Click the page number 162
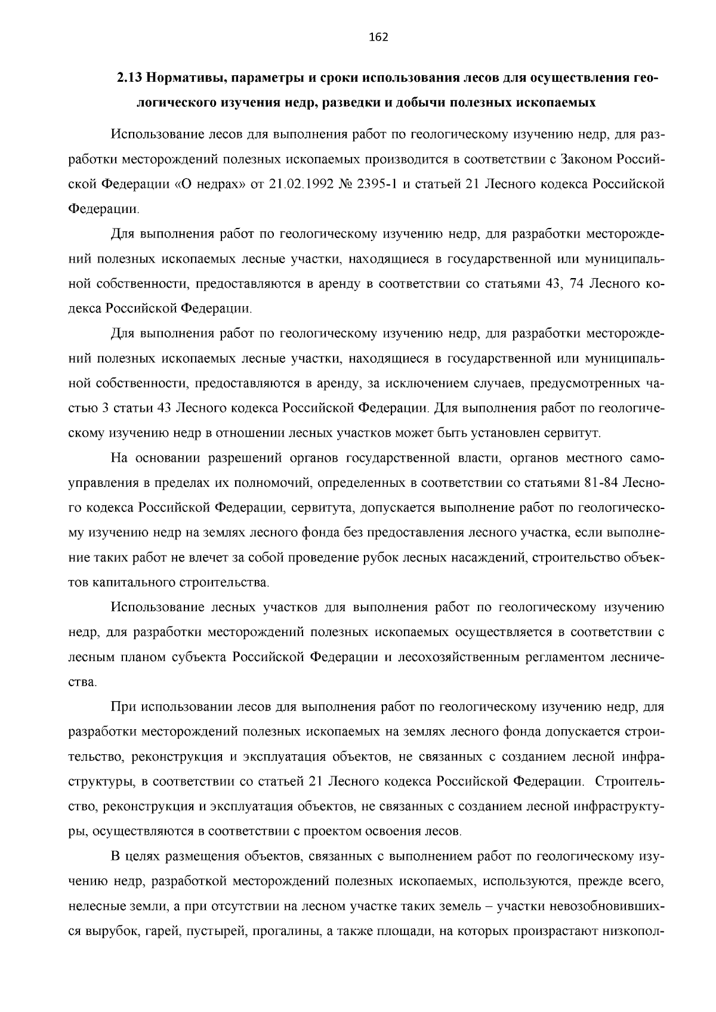[378, 38]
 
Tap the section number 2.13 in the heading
[128, 78]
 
